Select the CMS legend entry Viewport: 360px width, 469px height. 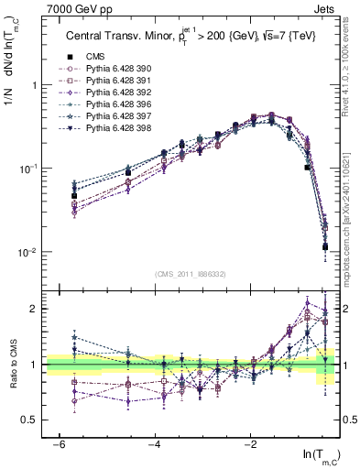coord(95,55)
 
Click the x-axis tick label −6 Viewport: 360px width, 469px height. coord(58,442)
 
